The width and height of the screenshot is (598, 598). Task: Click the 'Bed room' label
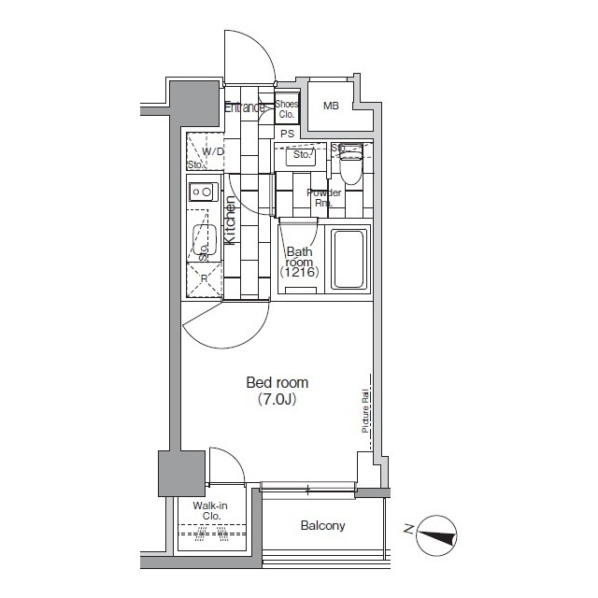pyautogui.click(x=277, y=382)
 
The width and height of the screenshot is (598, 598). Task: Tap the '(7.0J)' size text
pyautogui.click(x=277, y=399)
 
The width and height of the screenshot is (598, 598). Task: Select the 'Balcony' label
pyautogui.click(x=322, y=526)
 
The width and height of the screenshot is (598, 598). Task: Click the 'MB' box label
pyautogui.click(x=331, y=106)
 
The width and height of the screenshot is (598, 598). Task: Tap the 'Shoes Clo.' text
pyautogui.click(x=286, y=109)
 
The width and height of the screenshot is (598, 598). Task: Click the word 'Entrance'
pyautogui.click(x=245, y=107)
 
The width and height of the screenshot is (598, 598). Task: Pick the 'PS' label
pyautogui.click(x=287, y=134)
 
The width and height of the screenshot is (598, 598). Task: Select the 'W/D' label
pyautogui.click(x=213, y=150)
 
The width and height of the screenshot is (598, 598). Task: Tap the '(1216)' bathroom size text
pyautogui.click(x=302, y=272)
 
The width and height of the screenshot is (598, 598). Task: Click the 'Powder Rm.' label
pyautogui.click(x=323, y=197)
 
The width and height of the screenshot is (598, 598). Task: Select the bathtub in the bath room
pyautogui.click(x=351, y=258)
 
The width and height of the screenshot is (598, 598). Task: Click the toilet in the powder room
pyautogui.click(x=350, y=169)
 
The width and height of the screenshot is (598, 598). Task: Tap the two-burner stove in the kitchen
pyautogui.click(x=202, y=192)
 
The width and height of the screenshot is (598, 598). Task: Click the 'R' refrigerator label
pyautogui.click(x=203, y=278)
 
